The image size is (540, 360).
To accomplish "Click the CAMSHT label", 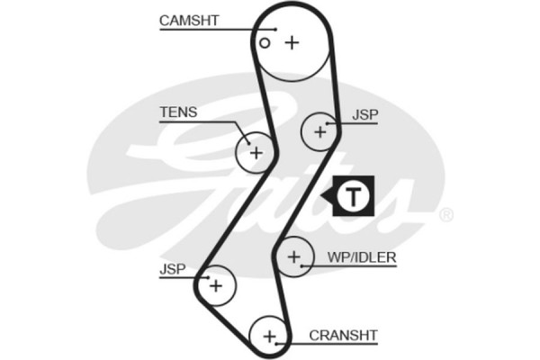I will (189, 20).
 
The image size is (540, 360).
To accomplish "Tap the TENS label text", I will (177, 112).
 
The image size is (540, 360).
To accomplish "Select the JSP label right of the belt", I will (365, 115).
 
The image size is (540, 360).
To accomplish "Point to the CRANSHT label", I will (343, 335).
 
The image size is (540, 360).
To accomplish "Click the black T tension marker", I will (355, 194).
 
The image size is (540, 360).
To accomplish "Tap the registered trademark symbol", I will (445, 216).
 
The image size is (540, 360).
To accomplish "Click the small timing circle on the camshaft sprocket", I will (265, 42).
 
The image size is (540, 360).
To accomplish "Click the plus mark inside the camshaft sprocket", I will (291, 42).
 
